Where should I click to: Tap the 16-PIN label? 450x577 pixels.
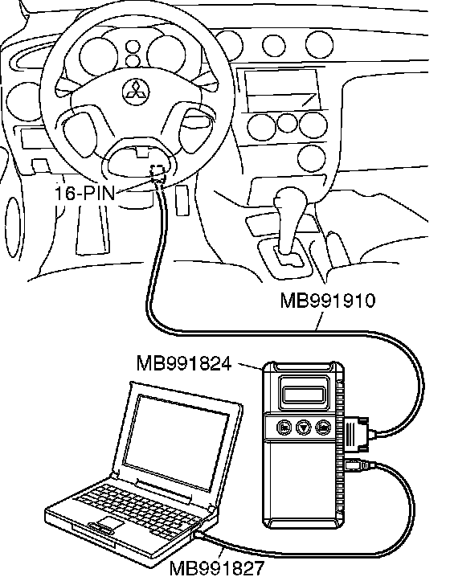tap(85, 192)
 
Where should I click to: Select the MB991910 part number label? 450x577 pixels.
tap(328, 301)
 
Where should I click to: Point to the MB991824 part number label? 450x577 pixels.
tap(184, 363)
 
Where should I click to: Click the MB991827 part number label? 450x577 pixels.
tap(217, 568)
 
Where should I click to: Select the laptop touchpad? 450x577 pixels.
tap(109, 523)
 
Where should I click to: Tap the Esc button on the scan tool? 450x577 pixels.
tap(284, 428)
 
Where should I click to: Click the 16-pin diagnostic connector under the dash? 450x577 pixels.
tap(158, 174)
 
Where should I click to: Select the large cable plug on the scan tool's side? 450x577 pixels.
tap(357, 434)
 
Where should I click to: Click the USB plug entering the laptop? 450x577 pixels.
tap(201, 534)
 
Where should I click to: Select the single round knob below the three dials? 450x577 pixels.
tap(312, 158)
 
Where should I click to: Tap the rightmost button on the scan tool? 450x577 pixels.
tap(323, 428)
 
